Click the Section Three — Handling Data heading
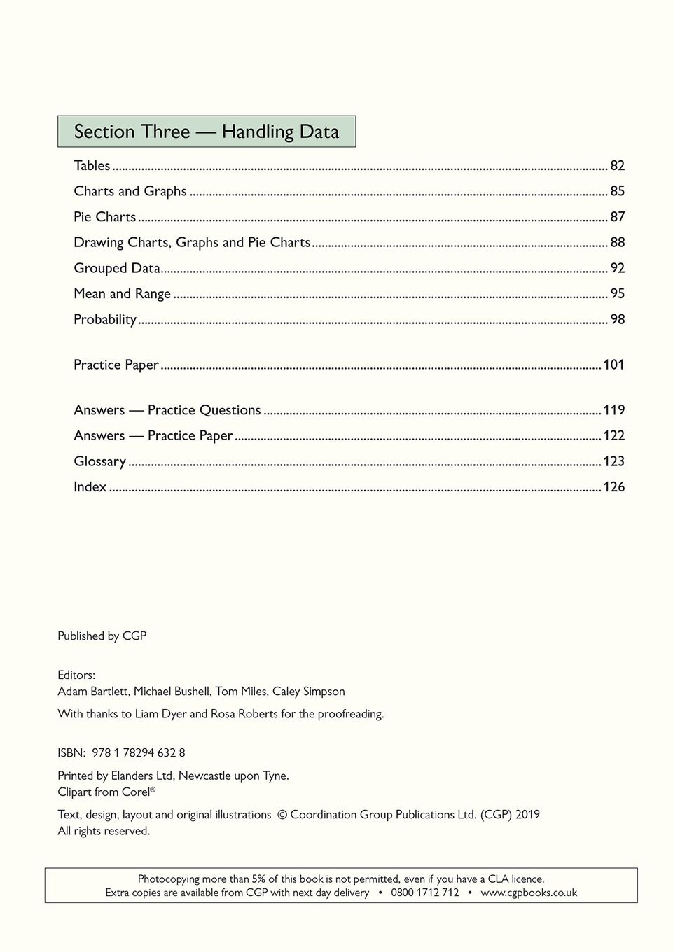[206, 132]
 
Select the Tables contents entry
[92, 166]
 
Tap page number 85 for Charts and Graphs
[617, 191]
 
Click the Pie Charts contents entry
[104, 217]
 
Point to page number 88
[617, 242]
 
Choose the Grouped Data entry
[117, 268]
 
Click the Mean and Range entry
[122, 294]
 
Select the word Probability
[105, 320]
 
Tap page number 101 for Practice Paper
[613, 365]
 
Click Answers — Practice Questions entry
[167, 410]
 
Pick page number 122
[613, 435]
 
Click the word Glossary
[99, 461]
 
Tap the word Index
[90, 487]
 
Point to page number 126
[613, 487]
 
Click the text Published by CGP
[102, 636]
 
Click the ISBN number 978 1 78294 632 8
[139, 753]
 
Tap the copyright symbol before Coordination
[282, 815]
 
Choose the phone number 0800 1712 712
[425, 892]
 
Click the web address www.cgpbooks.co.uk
[529, 892]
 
